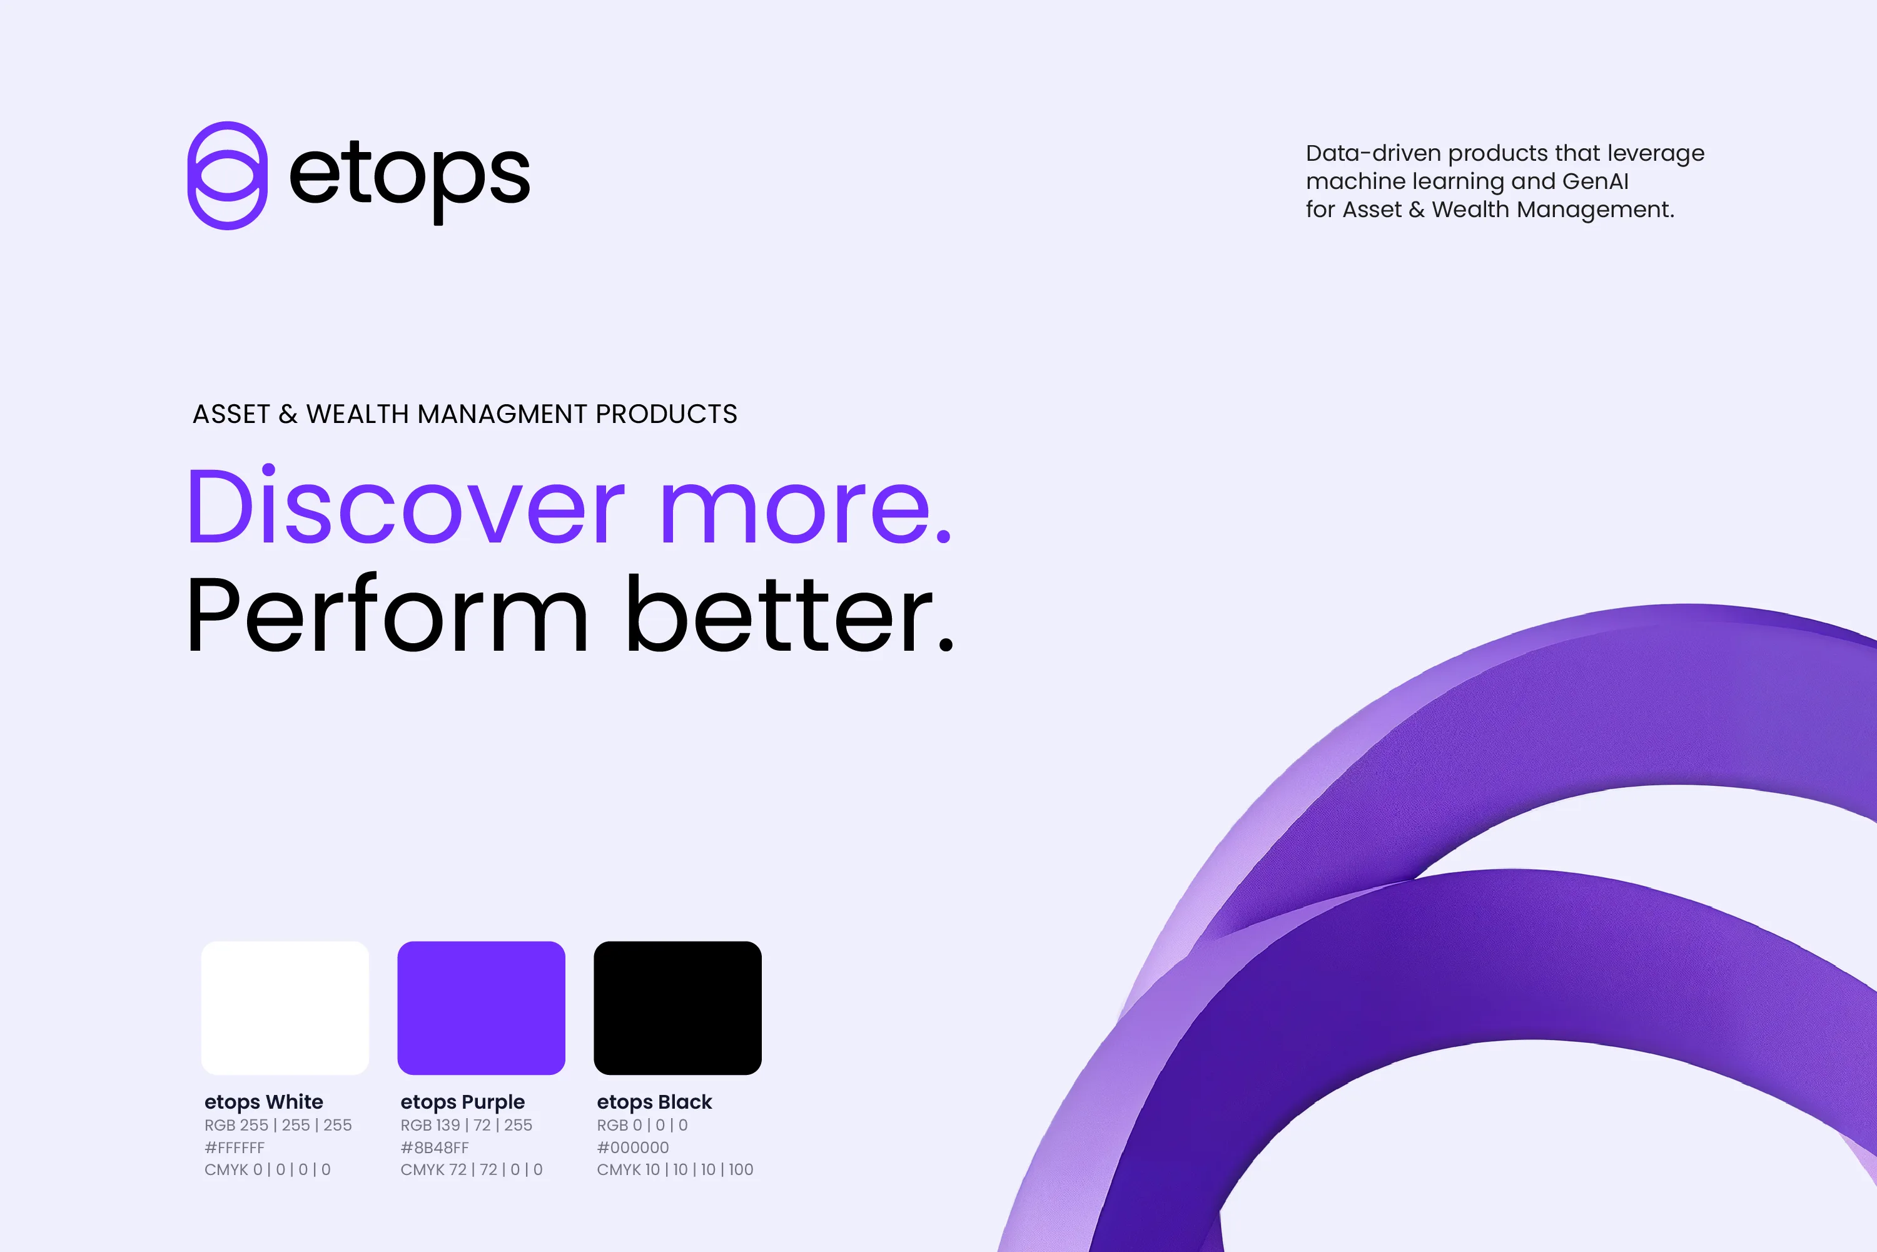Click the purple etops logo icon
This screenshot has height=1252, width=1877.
(x=228, y=176)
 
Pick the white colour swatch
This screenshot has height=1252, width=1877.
(x=285, y=1007)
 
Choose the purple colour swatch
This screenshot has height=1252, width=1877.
(x=481, y=1007)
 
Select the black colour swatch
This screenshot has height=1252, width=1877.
(x=677, y=1007)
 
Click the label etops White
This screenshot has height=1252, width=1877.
(x=263, y=1102)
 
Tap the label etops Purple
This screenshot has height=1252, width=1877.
(x=463, y=1102)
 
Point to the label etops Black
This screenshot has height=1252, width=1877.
(x=654, y=1102)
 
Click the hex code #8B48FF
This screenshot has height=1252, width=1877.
(x=435, y=1148)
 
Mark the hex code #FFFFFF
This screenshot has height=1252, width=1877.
(x=235, y=1148)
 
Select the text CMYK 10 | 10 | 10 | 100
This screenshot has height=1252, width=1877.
(x=675, y=1170)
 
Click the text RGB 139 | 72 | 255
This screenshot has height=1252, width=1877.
(x=466, y=1125)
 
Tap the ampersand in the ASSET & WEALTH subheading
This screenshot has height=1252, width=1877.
(x=288, y=414)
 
